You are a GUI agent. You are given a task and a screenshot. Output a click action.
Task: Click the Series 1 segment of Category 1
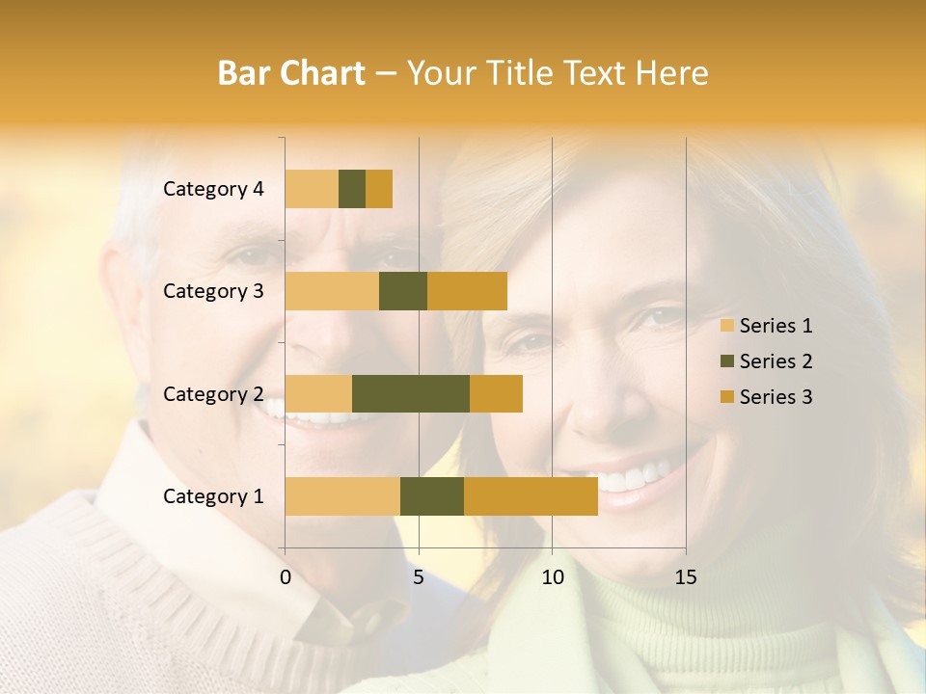[x=342, y=496]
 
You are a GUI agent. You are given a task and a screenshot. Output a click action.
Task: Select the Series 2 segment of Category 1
[x=432, y=496]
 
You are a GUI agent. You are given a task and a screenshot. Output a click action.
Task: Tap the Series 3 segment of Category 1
[x=531, y=496]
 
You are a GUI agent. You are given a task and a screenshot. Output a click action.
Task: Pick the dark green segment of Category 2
[x=411, y=393]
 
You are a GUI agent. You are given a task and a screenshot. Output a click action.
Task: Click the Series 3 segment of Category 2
[x=496, y=393]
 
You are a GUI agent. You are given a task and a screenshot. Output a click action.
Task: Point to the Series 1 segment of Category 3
[x=332, y=291]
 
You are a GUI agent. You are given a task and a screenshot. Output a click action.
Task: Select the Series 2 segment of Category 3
[x=403, y=291]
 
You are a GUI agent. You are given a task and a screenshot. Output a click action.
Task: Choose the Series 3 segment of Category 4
[x=379, y=189]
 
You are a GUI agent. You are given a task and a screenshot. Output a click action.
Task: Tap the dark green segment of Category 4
[x=352, y=189]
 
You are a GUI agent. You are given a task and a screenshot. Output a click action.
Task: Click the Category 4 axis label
[x=213, y=189]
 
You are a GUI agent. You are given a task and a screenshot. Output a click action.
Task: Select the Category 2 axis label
[x=213, y=394]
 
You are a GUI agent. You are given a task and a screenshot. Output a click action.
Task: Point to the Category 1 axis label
[x=213, y=496]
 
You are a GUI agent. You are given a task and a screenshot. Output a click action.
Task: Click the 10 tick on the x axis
[x=552, y=577]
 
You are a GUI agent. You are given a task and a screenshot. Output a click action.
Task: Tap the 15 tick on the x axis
[x=685, y=577]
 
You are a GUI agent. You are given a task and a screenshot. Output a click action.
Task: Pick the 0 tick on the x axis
[x=286, y=577]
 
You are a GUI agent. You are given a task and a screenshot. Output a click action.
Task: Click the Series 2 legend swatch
[x=726, y=361]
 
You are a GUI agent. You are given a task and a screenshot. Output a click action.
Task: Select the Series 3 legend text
[x=776, y=397]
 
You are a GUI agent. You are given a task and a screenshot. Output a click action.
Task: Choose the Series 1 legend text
[x=776, y=326]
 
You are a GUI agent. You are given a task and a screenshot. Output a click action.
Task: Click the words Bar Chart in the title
[x=291, y=73]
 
